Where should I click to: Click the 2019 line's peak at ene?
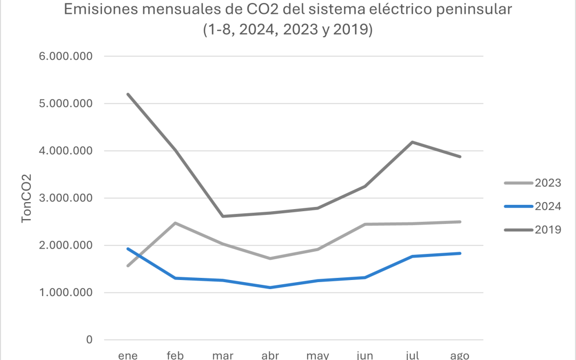(129, 94)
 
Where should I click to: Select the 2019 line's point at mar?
(222, 216)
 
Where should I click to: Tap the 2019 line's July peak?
(411, 142)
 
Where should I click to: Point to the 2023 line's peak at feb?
(175, 223)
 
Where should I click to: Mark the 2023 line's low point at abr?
(269, 259)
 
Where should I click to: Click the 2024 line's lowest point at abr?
(269, 287)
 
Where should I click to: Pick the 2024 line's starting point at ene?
(129, 249)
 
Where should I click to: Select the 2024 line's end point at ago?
(459, 253)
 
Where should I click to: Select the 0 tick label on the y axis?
(89, 340)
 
